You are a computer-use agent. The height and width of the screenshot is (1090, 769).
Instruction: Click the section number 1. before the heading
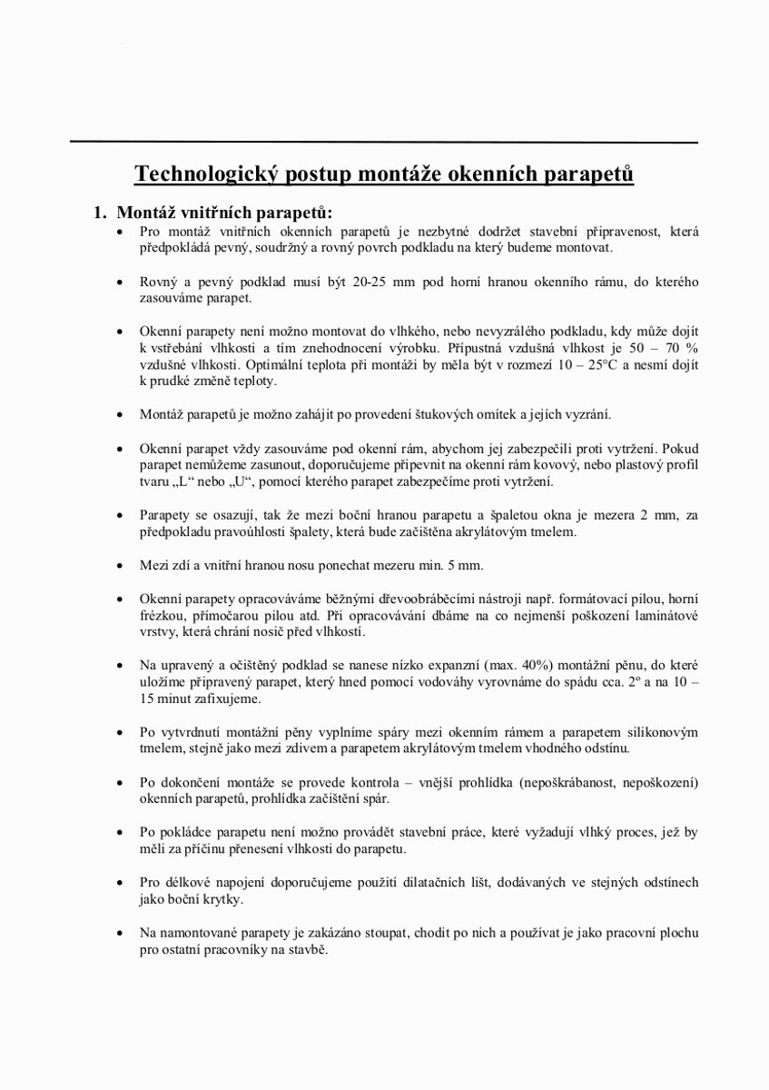[99, 213]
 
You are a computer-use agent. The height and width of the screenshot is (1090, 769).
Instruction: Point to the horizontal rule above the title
[384, 143]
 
